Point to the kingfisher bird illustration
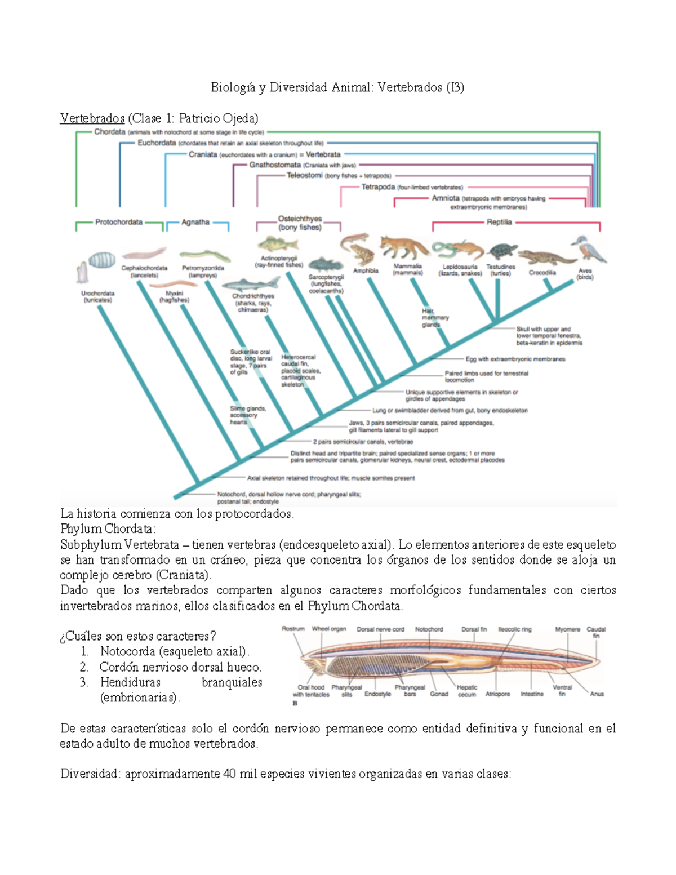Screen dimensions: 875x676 pyautogui.click(x=589, y=250)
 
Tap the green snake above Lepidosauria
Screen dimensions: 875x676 pyautogui.click(x=444, y=248)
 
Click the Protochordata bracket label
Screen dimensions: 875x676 pyautogui.click(x=119, y=223)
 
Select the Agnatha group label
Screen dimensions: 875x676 pyautogui.click(x=195, y=223)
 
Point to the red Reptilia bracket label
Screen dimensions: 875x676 pyautogui.click(x=499, y=223)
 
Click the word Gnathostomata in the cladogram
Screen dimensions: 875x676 pyautogui.click(x=275, y=165)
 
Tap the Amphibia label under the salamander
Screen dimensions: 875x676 pyautogui.click(x=366, y=271)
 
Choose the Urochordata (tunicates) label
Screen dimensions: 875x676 pyautogui.click(x=98, y=297)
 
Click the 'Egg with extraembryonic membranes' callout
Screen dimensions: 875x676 pyautogui.click(x=515, y=359)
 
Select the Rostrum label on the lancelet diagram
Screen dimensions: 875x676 pyautogui.click(x=293, y=629)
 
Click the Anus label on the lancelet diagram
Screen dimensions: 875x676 pyautogui.click(x=597, y=694)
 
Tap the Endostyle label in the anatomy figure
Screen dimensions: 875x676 pyautogui.click(x=377, y=694)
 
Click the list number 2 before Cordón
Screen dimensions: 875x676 pyautogui.click(x=84, y=667)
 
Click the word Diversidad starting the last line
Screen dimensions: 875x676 pyautogui.click(x=90, y=774)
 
